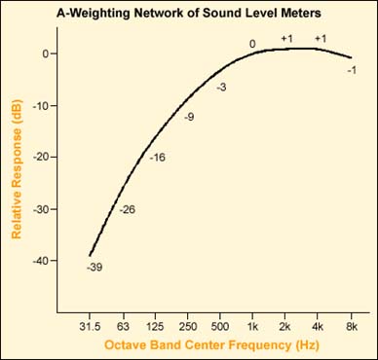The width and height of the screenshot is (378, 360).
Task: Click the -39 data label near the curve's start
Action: click(x=93, y=267)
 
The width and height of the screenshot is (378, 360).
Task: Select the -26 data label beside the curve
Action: click(x=127, y=209)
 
